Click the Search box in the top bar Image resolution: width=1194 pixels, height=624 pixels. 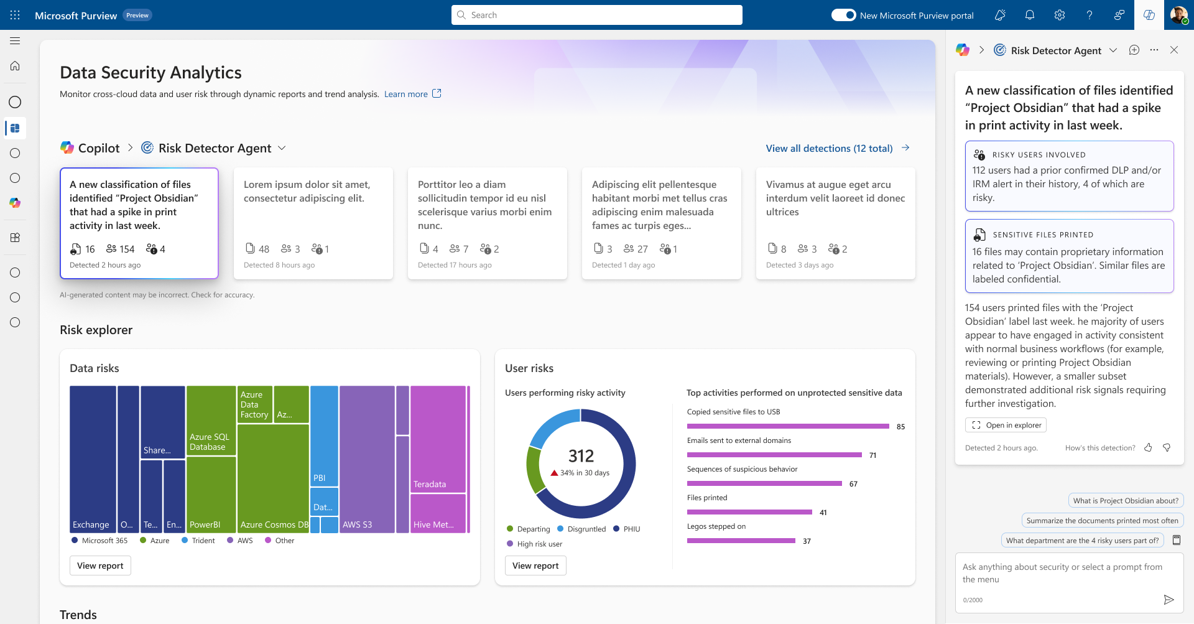tap(596, 15)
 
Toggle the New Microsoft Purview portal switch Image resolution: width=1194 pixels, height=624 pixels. tap(843, 15)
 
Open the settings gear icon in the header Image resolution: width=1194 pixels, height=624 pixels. tap(1060, 15)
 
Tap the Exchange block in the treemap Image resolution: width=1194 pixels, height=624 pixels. tap(93, 459)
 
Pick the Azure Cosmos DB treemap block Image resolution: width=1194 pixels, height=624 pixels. tap(273, 478)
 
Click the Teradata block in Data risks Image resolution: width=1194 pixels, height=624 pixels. tap(438, 439)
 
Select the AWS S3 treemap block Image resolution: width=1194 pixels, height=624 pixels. tap(367, 459)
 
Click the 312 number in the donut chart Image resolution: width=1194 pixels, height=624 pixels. tap(581, 456)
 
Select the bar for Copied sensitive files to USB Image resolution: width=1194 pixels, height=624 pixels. tap(788, 426)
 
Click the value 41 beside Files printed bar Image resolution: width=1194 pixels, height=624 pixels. tap(823, 513)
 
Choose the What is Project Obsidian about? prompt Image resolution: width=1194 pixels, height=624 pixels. tap(1126, 501)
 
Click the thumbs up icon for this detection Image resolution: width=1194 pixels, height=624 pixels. tap(1148, 447)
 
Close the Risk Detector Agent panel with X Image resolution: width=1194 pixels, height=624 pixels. tap(1174, 50)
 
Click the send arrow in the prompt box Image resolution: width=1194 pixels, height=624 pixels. tap(1169, 600)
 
